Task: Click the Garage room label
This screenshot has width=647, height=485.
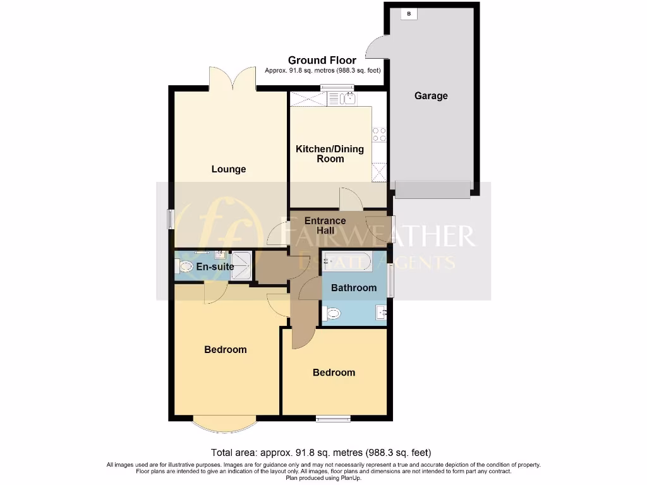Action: tap(431, 96)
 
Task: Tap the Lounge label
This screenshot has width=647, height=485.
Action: tap(229, 169)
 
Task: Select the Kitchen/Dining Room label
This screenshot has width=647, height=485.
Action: tap(330, 153)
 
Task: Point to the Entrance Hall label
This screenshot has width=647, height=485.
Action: tap(325, 225)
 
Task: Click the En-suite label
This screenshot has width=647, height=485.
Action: tap(215, 267)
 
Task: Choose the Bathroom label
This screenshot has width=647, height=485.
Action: tap(354, 288)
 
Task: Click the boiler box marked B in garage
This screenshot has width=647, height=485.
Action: tap(409, 14)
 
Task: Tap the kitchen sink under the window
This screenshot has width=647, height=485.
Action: tap(346, 98)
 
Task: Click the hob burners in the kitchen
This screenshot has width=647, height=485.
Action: tap(379, 135)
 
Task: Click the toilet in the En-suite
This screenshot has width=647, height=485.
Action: tap(184, 267)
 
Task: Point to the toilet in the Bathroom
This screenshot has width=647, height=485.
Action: tap(332, 313)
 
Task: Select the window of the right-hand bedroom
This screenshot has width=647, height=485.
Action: tap(333, 417)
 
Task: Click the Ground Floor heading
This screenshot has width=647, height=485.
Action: tap(322, 61)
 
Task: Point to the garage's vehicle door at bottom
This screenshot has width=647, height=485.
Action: tap(433, 189)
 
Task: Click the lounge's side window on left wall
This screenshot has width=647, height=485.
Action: tap(171, 219)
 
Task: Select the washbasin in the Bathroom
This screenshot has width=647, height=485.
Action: tap(381, 312)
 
